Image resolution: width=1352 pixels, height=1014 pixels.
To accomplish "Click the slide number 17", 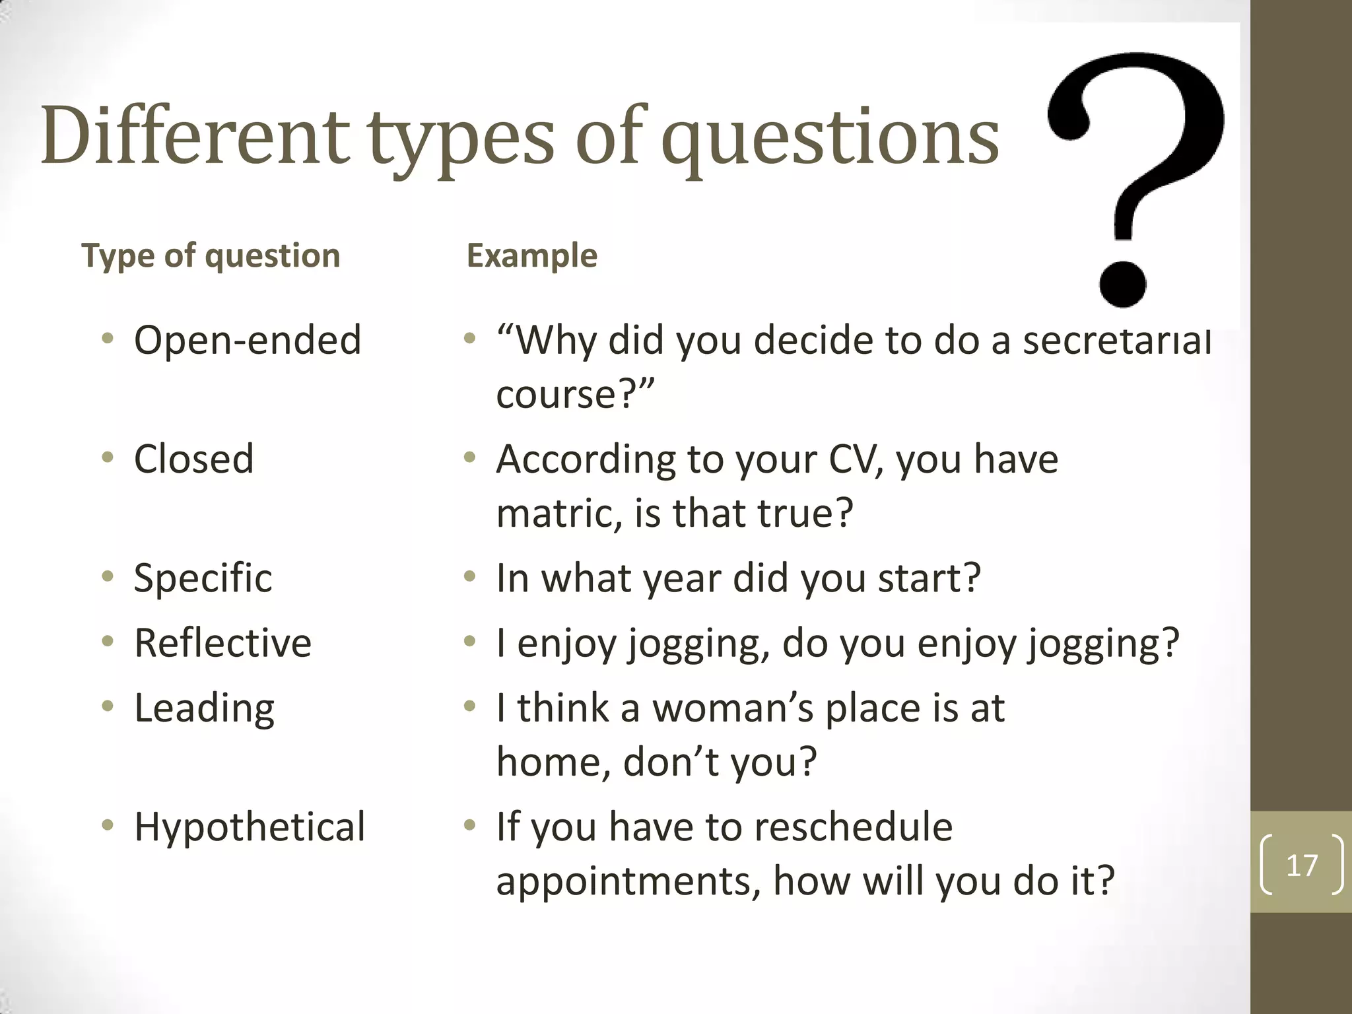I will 1301,865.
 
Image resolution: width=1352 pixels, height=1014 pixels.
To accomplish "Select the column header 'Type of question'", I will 211,255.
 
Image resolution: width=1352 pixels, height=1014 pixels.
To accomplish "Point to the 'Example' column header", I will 531,255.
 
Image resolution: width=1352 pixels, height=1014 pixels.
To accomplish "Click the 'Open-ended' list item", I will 248,341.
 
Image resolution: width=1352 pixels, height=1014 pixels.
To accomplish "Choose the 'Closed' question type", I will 193,459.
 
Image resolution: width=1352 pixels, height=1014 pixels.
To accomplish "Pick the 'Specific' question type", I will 203,578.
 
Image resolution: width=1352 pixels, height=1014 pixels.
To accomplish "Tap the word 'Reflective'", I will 222,643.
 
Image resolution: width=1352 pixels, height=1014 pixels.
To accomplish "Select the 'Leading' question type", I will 204,709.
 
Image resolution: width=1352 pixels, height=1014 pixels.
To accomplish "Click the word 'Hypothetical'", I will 250,827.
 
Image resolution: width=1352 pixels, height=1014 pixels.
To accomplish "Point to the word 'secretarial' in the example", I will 1116,341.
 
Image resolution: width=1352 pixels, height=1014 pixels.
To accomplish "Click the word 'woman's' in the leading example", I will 733,709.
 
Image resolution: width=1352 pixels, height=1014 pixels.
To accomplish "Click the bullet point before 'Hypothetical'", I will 108,825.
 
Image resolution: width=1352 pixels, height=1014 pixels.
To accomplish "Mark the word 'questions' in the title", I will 830,137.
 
